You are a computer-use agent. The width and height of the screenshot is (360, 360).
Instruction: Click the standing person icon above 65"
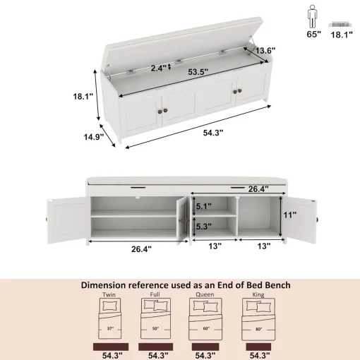313,16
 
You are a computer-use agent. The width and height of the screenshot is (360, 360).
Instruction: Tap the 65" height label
313,35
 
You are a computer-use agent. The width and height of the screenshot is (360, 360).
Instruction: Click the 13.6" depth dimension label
265,51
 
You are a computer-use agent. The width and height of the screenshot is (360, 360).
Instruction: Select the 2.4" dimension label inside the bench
159,68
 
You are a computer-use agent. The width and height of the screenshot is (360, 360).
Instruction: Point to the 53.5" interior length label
198,72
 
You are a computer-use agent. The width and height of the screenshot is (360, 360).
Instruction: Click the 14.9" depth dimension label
94,137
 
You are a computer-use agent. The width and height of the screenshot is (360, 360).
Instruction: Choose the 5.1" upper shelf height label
204,206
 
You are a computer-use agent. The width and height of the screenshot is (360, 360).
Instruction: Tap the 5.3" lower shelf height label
204,227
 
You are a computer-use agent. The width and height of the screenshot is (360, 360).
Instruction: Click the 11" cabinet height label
289,215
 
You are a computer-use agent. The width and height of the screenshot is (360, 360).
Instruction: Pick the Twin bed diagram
110,318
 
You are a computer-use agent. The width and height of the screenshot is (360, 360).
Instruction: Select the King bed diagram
258,319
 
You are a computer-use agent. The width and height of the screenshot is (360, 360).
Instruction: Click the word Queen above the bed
205,294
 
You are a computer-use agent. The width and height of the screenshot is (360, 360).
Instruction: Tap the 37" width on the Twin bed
110,328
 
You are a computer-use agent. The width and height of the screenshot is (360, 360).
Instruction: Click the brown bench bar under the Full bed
155,347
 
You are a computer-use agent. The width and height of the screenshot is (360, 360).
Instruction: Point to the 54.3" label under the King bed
260,355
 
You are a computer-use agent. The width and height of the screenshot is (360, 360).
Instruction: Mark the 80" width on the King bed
259,329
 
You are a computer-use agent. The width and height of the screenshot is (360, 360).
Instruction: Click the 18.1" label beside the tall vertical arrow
83,96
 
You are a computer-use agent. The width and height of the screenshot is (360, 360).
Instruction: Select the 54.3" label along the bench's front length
213,133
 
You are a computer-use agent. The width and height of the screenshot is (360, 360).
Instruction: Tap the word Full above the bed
155,294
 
